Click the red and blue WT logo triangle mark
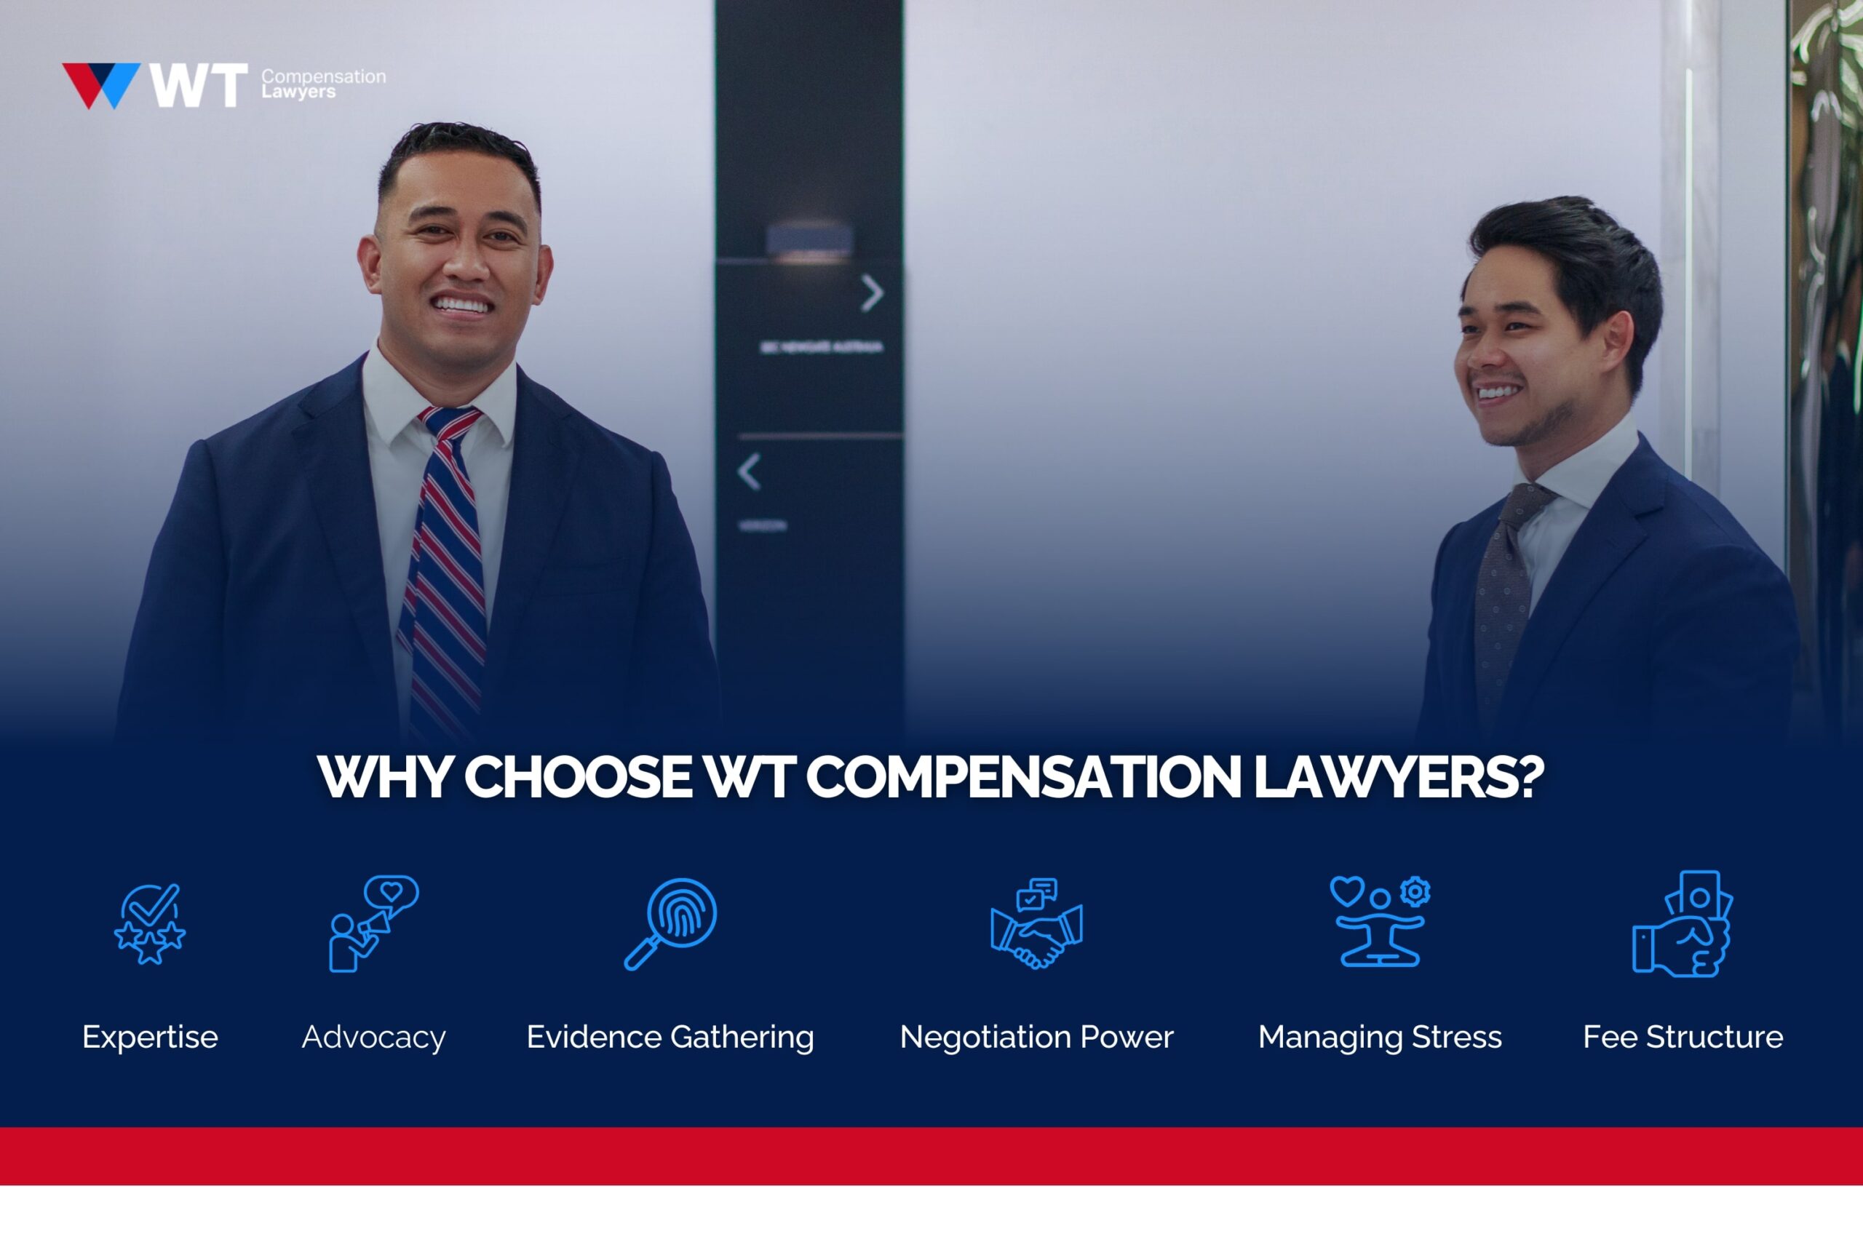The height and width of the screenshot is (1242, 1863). coord(100,84)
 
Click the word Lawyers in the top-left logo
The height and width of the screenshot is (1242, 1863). coord(298,92)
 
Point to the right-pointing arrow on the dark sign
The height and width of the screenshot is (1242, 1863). coord(871,293)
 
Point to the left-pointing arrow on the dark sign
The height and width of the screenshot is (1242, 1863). coord(750,472)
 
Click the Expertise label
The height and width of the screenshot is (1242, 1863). coord(150,1037)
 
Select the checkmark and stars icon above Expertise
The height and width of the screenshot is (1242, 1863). coord(150,923)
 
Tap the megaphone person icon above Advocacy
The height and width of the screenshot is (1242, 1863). coord(373,923)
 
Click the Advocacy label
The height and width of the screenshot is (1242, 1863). coord(373,1037)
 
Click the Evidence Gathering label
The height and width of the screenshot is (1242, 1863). coord(670,1037)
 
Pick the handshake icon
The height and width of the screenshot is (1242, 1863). coord(1036,923)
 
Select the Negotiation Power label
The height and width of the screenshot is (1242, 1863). coord(1036,1037)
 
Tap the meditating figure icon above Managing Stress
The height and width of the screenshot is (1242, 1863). coord(1380,922)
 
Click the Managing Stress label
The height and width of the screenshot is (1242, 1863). coord(1380,1037)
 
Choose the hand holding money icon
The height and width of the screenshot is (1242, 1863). coord(1683,923)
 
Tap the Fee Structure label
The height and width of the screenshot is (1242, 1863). coord(1683,1037)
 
